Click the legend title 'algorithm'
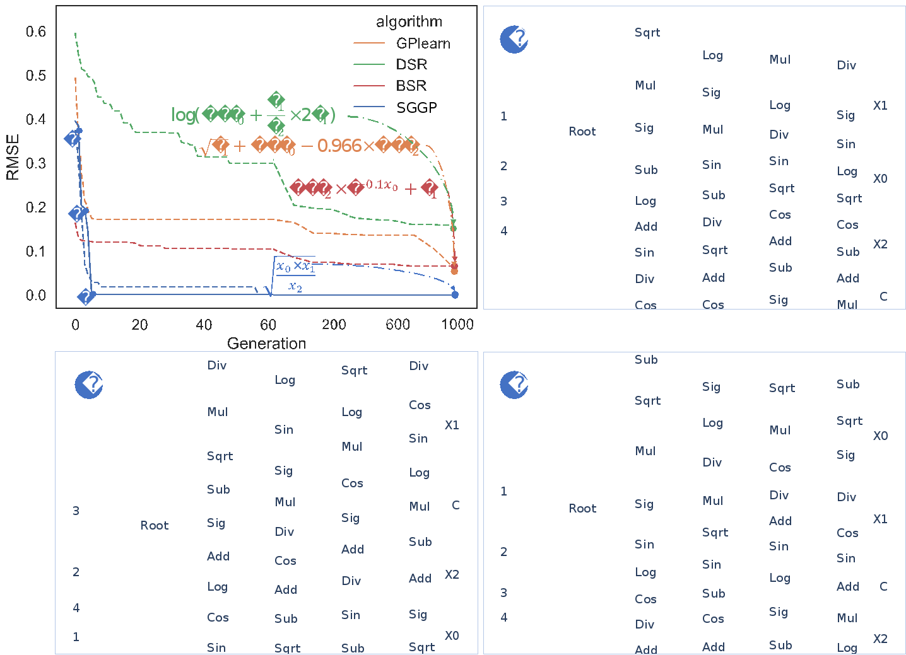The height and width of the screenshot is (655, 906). point(409,21)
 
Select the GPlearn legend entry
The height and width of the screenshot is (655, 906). point(423,43)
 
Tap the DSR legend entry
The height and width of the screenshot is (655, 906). point(411,64)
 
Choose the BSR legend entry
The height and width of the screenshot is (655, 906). point(411,86)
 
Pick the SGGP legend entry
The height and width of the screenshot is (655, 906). point(416,108)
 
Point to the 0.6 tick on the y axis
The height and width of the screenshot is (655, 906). point(36,32)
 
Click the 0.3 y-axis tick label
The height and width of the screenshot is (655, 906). point(36,163)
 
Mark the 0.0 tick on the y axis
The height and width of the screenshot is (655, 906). point(36,296)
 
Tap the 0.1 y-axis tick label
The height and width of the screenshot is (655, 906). point(36,252)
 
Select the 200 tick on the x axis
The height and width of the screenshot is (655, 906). point(334,325)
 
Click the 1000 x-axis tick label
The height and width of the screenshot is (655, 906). point(457,325)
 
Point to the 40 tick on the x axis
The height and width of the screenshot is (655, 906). point(204,325)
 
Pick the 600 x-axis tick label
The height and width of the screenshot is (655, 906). point(397,325)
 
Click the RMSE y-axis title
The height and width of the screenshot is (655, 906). point(13,157)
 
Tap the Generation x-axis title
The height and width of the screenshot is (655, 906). point(266,344)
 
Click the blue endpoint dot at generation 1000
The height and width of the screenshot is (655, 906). point(456,294)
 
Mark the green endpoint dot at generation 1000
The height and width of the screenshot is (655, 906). point(454,228)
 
